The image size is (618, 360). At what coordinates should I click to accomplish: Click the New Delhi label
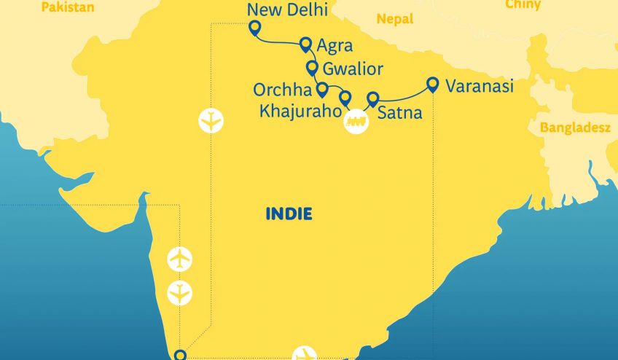pyautogui.click(x=287, y=10)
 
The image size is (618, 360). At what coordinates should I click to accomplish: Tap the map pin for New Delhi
pyautogui.click(x=254, y=28)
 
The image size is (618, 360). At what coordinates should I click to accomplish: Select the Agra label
pyautogui.click(x=337, y=45)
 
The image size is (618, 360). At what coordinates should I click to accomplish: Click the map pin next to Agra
pyautogui.click(x=306, y=44)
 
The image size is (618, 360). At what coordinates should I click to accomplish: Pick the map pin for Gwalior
pyautogui.click(x=312, y=68)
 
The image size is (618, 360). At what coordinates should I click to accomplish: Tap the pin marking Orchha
pyautogui.click(x=322, y=89)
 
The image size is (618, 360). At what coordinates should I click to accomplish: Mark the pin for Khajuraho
pyautogui.click(x=345, y=98)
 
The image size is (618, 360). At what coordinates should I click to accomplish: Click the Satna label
pyautogui.click(x=400, y=114)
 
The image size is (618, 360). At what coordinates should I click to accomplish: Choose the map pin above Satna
pyautogui.click(x=373, y=98)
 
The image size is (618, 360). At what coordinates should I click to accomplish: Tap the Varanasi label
pyautogui.click(x=480, y=86)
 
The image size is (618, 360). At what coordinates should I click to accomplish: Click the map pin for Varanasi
pyautogui.click(x=433, y=85)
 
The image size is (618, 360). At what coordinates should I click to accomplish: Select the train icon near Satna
pyautogui.click(x=356, y=120)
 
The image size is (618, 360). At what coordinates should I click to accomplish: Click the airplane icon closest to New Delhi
pyautogui.click(x=211, y=120)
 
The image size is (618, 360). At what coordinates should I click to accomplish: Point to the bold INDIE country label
pyautogui.click(x=289, y=214)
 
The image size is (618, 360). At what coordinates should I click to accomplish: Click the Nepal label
pyautogui.click(x=396, y=19)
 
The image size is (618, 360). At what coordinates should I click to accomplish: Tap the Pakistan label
pyautogui.click(x=67, y=7)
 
